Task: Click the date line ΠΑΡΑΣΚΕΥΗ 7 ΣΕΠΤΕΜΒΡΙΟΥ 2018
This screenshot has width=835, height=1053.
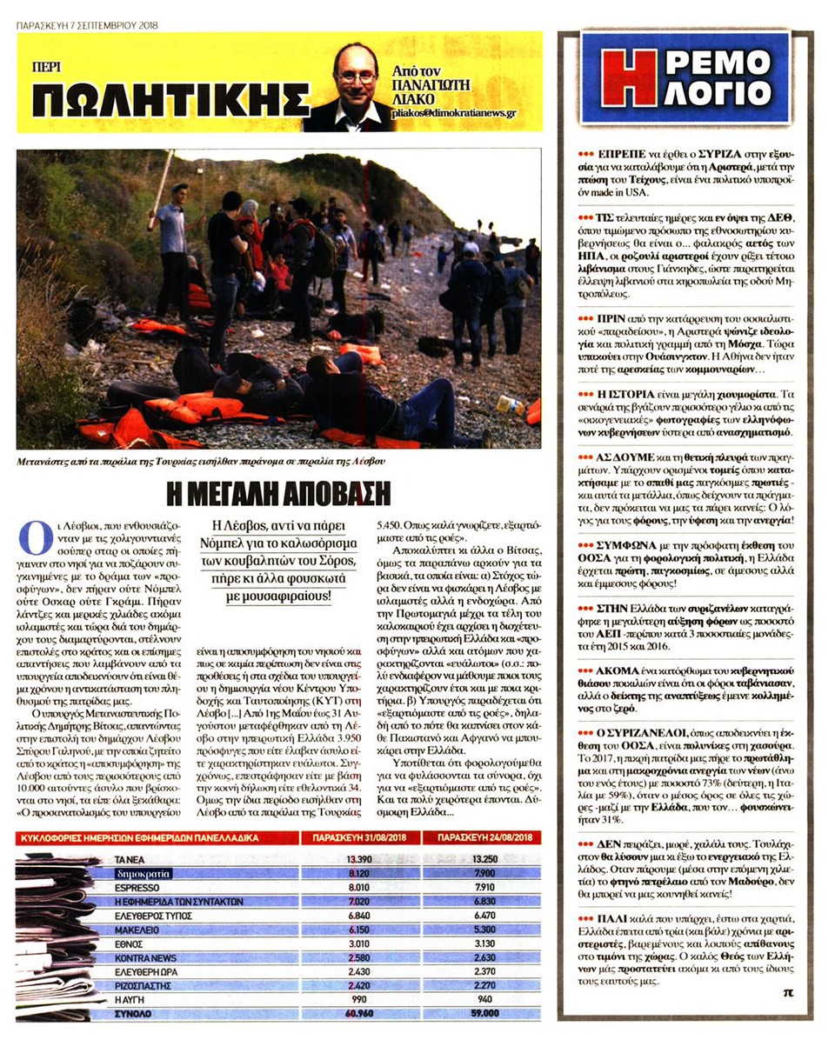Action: click(86, 25)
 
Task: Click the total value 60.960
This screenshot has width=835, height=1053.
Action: click(352, 1012)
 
